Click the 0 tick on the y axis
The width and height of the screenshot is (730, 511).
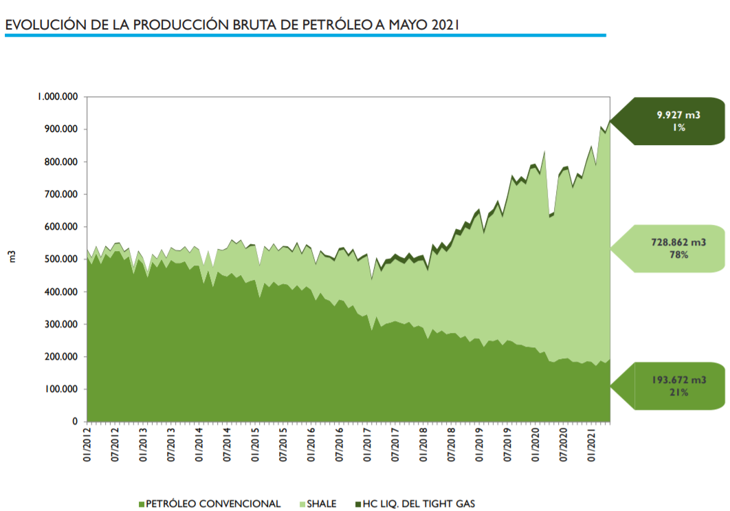[76, 422]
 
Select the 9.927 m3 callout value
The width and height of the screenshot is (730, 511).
[678, 116]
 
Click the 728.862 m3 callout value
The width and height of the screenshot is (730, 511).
[678, 242]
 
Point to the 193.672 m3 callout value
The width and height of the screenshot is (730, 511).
[678, 380]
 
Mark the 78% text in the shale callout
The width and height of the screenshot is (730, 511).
[678, 254]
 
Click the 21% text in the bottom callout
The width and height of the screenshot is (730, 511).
[678, 392]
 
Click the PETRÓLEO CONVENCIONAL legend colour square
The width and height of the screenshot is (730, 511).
[142, 504]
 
